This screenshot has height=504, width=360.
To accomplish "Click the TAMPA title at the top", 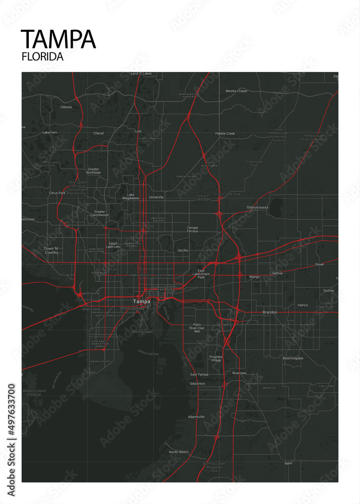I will [x=58, y=39].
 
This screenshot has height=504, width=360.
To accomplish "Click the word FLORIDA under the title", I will [x=42, y=57].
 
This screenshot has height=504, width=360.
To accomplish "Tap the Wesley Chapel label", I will [x=236, y=91].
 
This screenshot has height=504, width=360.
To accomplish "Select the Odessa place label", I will [x=66, y=107].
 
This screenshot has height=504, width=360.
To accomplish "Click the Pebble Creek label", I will [x=225, y=134].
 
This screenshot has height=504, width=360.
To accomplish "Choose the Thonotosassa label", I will [x=257, y=207].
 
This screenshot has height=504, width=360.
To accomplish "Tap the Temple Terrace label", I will [x=193, y=229].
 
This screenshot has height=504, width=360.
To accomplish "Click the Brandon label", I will [x=270, y=312].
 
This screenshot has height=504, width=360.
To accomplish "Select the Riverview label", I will [x=239, y=373].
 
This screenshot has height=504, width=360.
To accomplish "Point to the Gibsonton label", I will [x=197, y=384].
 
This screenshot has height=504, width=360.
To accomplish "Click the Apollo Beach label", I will [x=178, y=452].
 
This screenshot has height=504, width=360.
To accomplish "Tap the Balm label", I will [x=288, y=463].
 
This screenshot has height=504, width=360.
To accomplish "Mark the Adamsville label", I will [x=196, y=417].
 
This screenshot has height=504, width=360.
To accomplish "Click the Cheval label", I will [x=98, y=134].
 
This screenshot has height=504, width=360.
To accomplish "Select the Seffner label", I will [x=277, y=273].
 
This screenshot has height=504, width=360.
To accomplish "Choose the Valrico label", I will [x=303, y=305].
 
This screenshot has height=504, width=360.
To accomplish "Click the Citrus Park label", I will [x=57, y=193].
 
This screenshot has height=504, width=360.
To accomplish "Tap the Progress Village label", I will [x=216, y=358].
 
